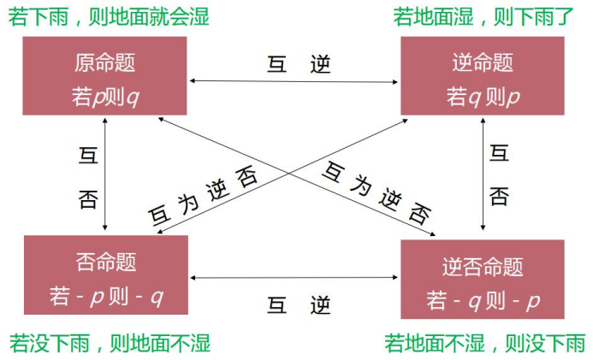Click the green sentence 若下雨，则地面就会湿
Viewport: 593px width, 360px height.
click(109, 16)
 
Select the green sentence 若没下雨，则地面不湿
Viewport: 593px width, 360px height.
click(110, 344)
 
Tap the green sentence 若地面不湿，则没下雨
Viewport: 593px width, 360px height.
click(484, 344)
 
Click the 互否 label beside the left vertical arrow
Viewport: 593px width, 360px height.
click(88, 178)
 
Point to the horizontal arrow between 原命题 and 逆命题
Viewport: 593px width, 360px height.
click(294, 82)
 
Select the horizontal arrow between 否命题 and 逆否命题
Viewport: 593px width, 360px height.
click(294, 277)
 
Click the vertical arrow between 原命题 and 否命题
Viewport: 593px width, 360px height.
click(104, 174)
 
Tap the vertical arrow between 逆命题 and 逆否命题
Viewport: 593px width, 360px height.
click(483, 174)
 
